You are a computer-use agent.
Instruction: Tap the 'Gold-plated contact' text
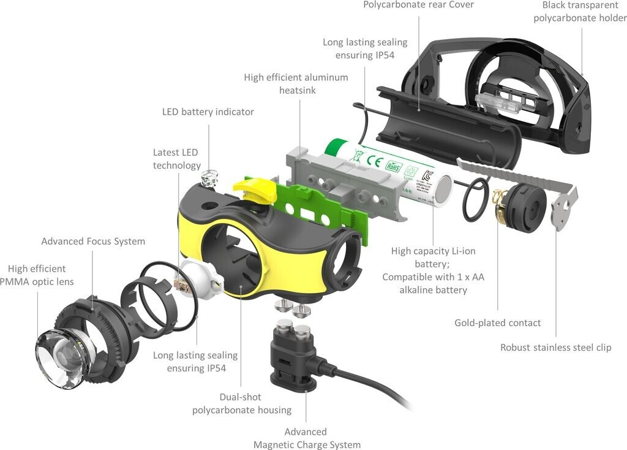[x=497, y=322]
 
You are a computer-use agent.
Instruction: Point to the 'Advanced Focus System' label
[x=93, y=242]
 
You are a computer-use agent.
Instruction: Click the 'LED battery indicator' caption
[x=208, y=112]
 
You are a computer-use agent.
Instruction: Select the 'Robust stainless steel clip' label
[x=555, y=347]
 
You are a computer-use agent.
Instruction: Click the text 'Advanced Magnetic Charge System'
[x=307, y=438]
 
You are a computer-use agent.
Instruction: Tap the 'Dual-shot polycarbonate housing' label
[x=242, y=403]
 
